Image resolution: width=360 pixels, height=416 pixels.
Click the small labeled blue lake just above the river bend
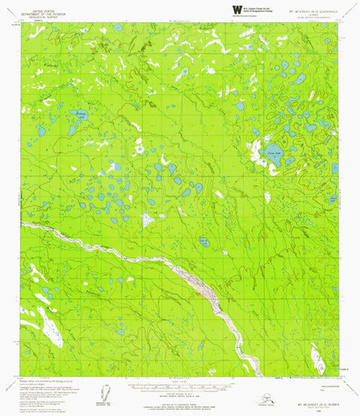click(x=203, y=242)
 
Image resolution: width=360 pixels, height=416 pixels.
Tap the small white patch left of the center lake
click(x=147, y=220)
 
